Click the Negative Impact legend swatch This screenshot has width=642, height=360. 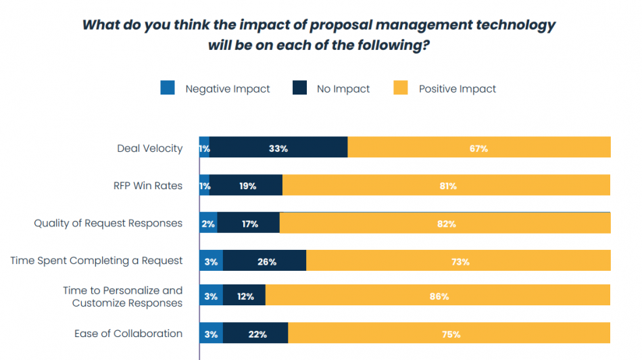coord(168,88)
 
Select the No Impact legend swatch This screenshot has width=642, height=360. coord(300,88)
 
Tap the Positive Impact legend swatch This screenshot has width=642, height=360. coord(401,88)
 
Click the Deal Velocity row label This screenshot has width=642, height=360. coord(149,149)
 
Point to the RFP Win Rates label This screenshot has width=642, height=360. coord(148,186)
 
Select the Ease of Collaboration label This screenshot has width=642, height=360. coord(128,334)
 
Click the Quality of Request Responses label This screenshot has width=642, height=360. coord(108,224)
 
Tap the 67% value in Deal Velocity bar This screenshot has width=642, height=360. coord(478,149)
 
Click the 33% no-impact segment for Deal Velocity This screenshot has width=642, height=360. coord(278,149)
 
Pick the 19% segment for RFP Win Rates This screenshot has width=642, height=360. coord(247,186)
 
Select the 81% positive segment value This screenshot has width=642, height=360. coord(447,186)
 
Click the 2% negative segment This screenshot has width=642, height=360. coord(208,224)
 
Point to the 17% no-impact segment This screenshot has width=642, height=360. coord(249,224)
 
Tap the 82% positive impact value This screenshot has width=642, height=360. coord(446,224)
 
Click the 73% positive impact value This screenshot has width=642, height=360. coord(460,261)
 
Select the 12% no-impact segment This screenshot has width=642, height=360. coord(245,297)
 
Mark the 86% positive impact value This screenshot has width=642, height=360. coord(439,297)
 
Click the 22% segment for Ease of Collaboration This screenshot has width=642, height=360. coord(257,334)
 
